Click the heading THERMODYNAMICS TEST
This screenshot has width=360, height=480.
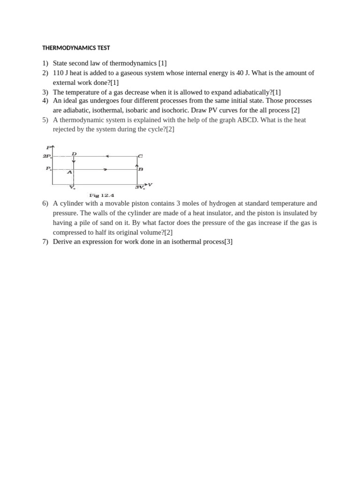click(76, 48)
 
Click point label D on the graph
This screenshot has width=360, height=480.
click(74, 153)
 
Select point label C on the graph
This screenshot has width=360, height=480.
click(140, 156)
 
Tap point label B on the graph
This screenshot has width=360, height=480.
click(141, 169)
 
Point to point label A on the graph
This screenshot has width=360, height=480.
click(69, 172)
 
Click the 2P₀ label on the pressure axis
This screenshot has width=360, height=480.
click(47, 156)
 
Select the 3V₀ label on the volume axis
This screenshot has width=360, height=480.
click(140, 187)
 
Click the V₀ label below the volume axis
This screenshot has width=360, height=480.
click(72, 187)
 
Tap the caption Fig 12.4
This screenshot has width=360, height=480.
click(102, 195)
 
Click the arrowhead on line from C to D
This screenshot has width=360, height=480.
click(107, 156)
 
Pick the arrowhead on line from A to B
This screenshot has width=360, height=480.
click(105, 169)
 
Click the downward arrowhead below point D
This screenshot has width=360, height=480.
click(74, 162)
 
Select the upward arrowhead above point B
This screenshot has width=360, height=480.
click(137, 165)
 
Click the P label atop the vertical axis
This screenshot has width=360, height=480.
click(48, 147)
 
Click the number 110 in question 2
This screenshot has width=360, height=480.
click(58, 73)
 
